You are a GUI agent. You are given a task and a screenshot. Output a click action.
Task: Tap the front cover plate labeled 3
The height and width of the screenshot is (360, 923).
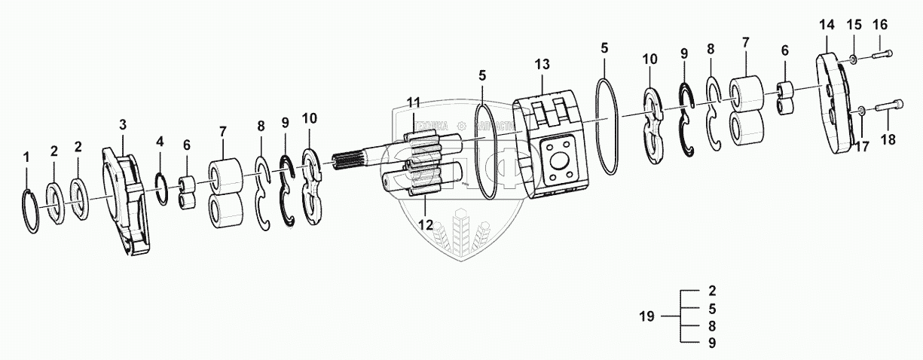click(126, 204)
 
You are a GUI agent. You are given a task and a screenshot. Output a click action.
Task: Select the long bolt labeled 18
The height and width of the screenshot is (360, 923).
click(886, 110)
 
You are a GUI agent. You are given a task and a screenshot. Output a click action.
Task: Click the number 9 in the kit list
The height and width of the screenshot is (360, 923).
click(712, 343)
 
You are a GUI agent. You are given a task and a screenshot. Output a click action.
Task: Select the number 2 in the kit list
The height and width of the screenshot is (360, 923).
click(712, 289)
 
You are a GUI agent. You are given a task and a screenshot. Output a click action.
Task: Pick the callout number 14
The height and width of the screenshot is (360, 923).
click(827, 24)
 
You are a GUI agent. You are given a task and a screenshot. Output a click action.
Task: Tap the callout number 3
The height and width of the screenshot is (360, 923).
click(122, 124)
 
